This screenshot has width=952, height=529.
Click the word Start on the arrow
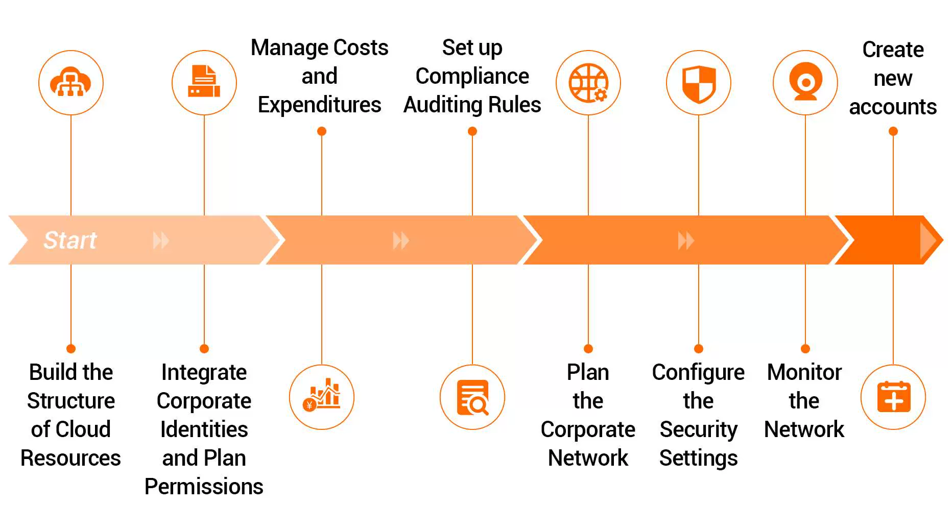point(70,240)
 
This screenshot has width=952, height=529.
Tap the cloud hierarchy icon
point(71,83)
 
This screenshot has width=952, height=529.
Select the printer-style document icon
point(204,83)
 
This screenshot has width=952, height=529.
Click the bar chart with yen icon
point(322,397)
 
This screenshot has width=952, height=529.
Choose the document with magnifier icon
point(472,397)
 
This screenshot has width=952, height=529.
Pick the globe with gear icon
point(588,83)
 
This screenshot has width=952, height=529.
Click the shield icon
point(699,83)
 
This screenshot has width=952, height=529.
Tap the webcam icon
point(805,83)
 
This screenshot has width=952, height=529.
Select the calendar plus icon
point(893,397)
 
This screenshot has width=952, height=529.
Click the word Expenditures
point(319,105)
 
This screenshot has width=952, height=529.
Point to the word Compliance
point(472,76)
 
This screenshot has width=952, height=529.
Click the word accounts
point(893,107)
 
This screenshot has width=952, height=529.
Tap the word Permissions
point(204,487)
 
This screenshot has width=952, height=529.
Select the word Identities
point(204,429)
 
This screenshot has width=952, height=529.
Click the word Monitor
point(804,372)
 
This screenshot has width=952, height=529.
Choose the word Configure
point(698,372)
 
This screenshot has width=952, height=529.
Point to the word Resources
point(70,458)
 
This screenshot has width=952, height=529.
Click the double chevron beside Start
point(161,240)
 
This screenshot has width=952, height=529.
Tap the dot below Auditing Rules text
point(472,131)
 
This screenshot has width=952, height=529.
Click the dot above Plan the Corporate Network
point(588,349)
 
